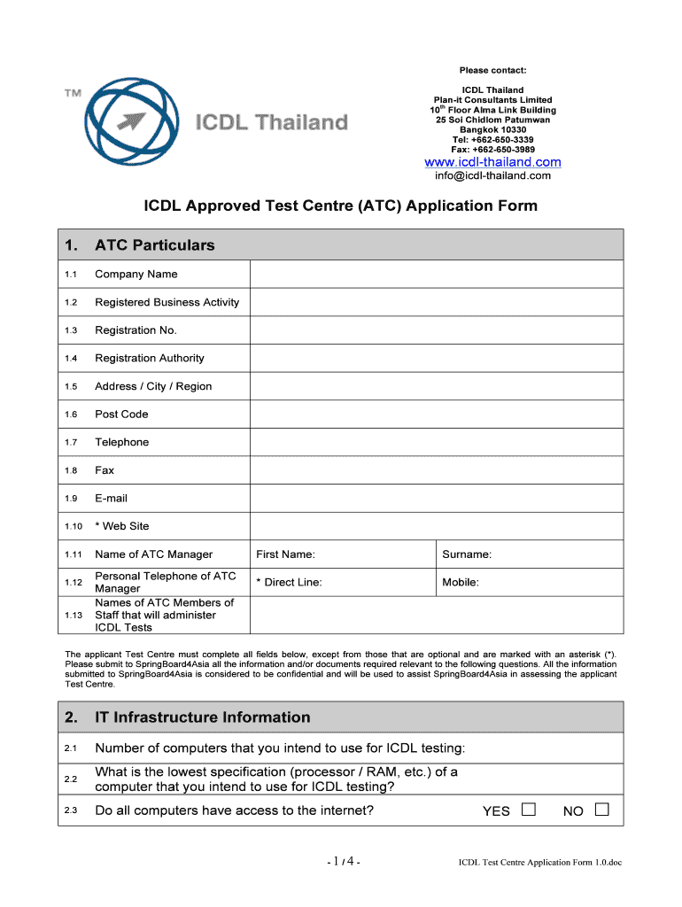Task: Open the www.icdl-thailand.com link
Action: (492, 162)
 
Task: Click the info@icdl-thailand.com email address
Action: (492, 175)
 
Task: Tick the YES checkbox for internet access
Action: (529, 810)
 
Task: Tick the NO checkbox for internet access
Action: (602, 810)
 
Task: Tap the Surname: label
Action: (467, 554)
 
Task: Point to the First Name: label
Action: (285, 554)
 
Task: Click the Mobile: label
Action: (461, 583)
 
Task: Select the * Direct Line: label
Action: (289, 583)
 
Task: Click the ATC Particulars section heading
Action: (154, 245)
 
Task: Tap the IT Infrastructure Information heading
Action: (202, 717)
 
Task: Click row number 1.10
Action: (74, 527)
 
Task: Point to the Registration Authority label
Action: (150, 359)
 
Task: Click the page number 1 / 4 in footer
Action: (341, 862)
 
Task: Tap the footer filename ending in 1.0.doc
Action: (539, 863)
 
